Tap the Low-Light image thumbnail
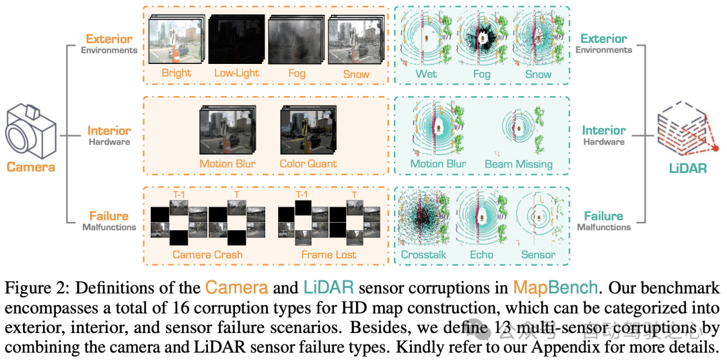point(236,42)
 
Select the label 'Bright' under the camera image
point(176,73)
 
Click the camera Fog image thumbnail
point(292,42)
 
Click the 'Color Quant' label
point(308,164)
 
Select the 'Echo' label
point(481,254)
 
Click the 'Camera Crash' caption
point(207,254)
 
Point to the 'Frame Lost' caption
point(329,254)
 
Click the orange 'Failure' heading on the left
point(108,216)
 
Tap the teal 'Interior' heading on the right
point(604,131)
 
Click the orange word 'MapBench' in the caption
point(555,288)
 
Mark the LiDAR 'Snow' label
point(539,74)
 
